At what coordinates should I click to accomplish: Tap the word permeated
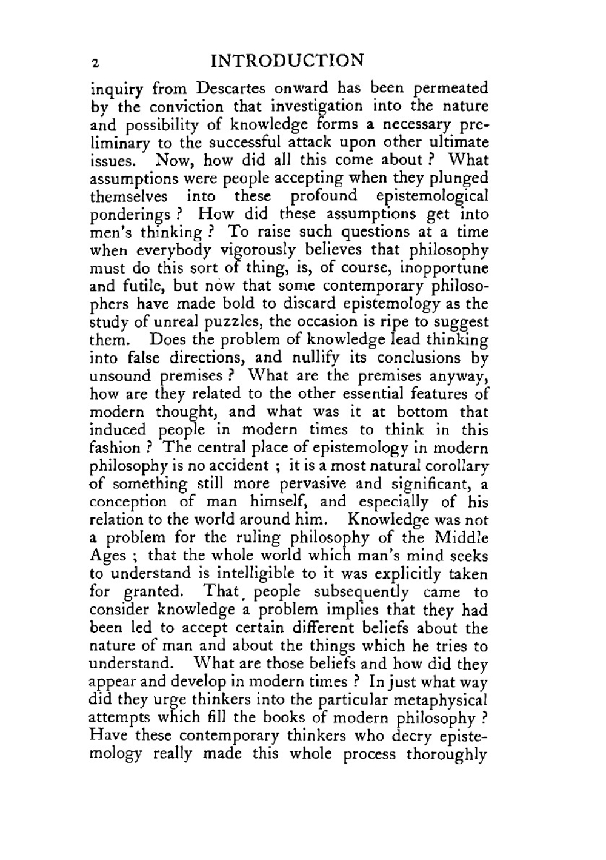click(x=450, y=89)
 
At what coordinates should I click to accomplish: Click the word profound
click(x=324, y=197)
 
